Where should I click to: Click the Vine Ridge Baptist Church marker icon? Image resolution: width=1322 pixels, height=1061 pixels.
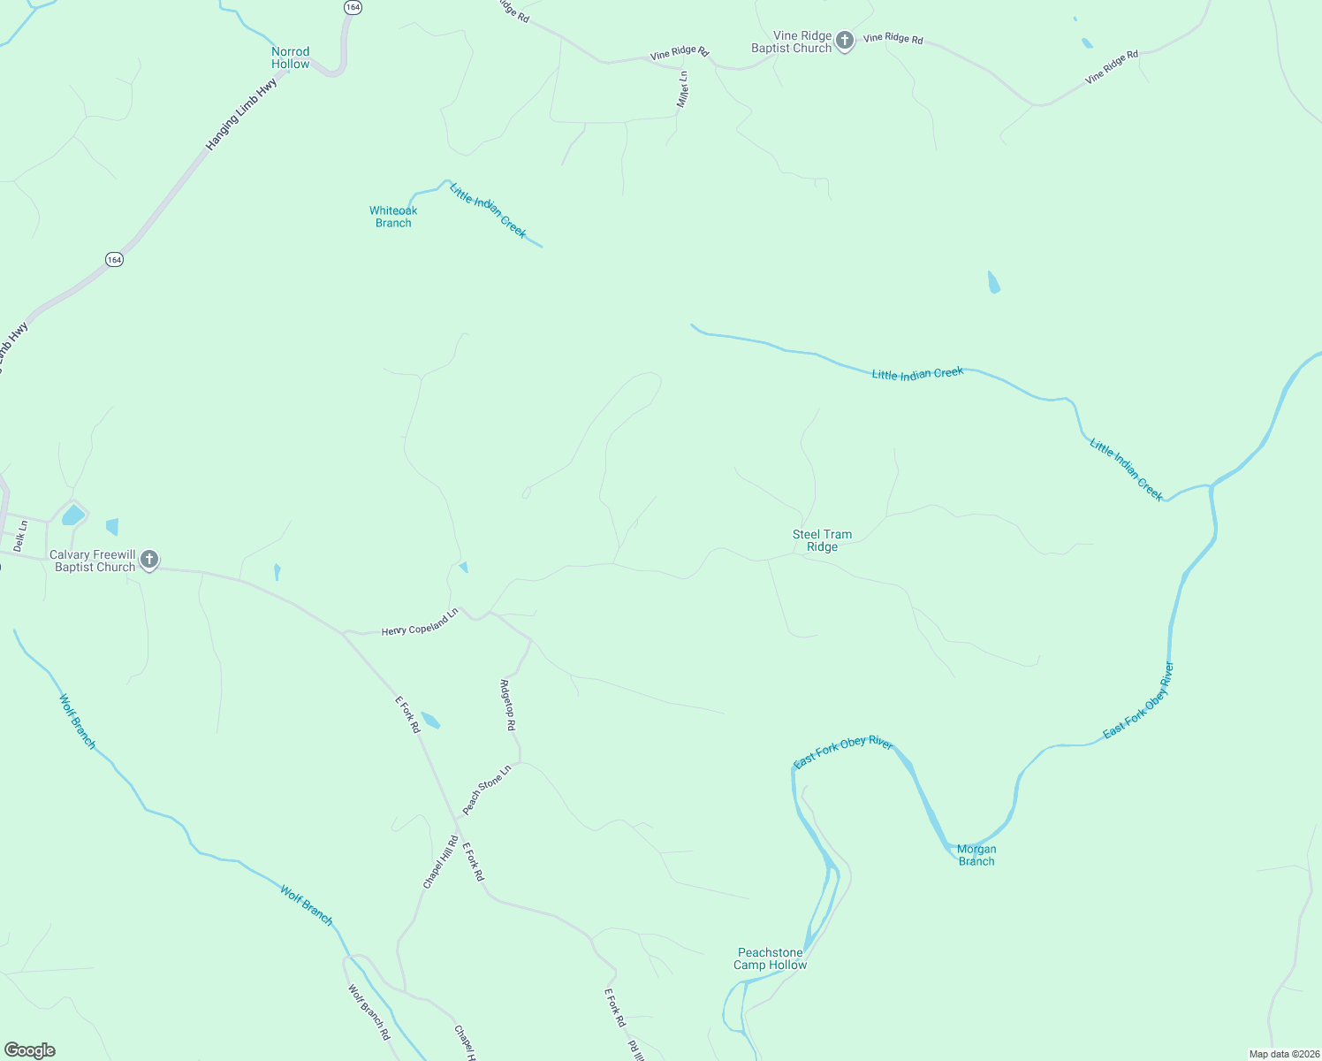click(x=845, y=41)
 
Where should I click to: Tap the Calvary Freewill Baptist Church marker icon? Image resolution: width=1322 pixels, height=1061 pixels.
click(x=149, y=560)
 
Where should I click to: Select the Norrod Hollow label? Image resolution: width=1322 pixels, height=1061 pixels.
click(x=291, y=58)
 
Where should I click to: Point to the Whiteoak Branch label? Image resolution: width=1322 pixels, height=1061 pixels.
click(x=393, y=217)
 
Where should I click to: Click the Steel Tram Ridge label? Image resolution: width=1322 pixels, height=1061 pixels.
click(x=822, y=540)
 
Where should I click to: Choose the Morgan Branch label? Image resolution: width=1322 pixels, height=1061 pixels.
click(x=976, y=855)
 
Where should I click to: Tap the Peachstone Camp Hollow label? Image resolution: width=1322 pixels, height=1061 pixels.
click(x=770, y=958)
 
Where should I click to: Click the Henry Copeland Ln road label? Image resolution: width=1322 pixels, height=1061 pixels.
click(x=420, y=622)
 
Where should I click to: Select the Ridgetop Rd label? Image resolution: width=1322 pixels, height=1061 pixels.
click(x=507, y=705)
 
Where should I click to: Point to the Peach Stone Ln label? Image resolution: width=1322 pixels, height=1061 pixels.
click(x=487, y=789)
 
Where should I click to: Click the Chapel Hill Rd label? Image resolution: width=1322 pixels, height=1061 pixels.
click(x=440, y=862)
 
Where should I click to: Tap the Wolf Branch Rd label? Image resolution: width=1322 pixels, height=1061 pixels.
click(x=368, y=1011)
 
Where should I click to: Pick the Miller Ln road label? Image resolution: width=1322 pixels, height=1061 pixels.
click(x=682, y=89)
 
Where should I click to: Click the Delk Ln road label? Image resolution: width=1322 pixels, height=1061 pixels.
click(x=19, y=537)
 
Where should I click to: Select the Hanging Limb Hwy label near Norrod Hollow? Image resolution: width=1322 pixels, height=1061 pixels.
click(x=241, y=114)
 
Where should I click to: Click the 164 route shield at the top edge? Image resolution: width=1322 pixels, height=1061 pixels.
click(x=353, y=6)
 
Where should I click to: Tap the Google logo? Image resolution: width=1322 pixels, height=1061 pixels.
click(x=30, y=1050)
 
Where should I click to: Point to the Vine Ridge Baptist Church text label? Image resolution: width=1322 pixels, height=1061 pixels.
click(x=792, y=42)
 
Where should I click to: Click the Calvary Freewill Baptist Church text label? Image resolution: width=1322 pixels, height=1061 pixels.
click(x=93, y=561)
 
